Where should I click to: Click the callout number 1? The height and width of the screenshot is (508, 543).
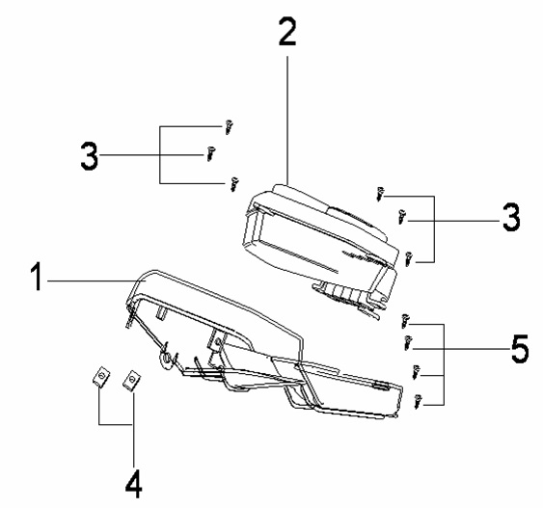click(x=37, y=277)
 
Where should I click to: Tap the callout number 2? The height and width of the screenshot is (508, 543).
click(x=287, y=32)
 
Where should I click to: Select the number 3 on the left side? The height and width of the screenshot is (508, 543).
click(x=90, y=156)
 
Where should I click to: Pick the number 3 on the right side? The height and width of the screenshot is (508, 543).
click(x=511, y=217)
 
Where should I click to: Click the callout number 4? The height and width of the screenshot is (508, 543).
click(x=134, y=485)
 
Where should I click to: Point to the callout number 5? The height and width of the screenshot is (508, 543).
click(x=520, y=349)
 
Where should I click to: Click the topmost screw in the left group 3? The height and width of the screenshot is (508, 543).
click(x=229, y=127)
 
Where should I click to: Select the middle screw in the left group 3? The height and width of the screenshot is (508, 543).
click(x=210, y=153)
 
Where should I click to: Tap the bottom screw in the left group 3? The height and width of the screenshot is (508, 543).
click(x=234, y=184)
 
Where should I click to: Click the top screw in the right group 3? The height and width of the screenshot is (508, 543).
click(x=380, y=195)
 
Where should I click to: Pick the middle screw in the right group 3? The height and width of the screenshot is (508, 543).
click(x=402, y=217)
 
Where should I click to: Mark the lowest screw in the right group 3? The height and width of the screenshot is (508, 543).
click(x=409, y=259)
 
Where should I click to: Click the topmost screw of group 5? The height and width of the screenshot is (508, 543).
click(x=404, y=321)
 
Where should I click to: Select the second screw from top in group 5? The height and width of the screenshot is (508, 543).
click(x=408, y=342)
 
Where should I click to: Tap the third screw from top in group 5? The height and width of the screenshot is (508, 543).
click(x=416, y=372)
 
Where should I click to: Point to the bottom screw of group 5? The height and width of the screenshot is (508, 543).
click(x=419, y=401)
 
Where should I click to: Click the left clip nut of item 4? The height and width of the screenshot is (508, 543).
click(x=101, y=376)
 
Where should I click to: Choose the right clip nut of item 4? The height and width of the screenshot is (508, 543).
click(x=131, y=381)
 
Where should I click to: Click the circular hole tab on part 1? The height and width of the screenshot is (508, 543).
click(x=166, y=359)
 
